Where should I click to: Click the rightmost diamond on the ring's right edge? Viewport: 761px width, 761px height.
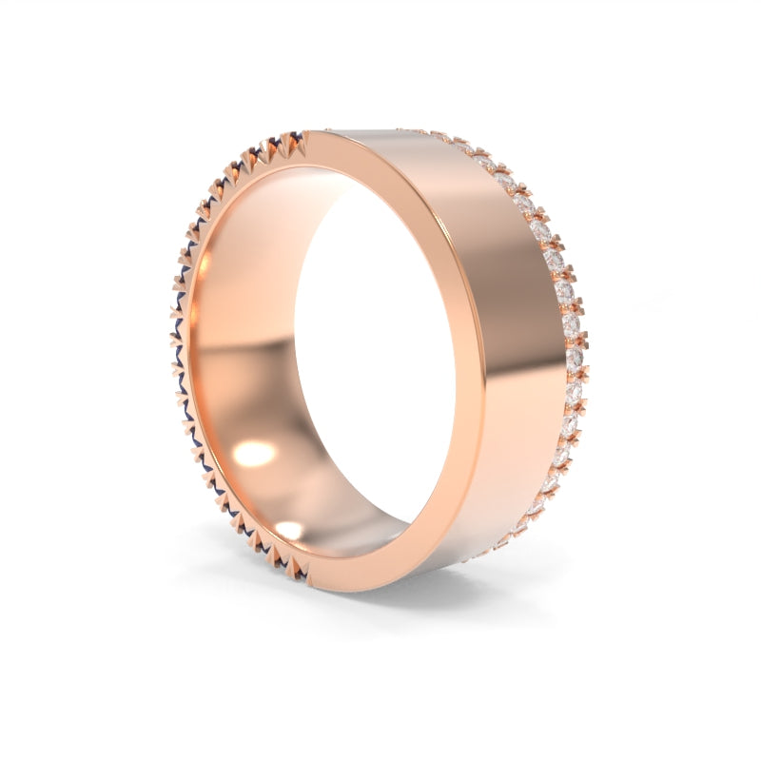[575, 357]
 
